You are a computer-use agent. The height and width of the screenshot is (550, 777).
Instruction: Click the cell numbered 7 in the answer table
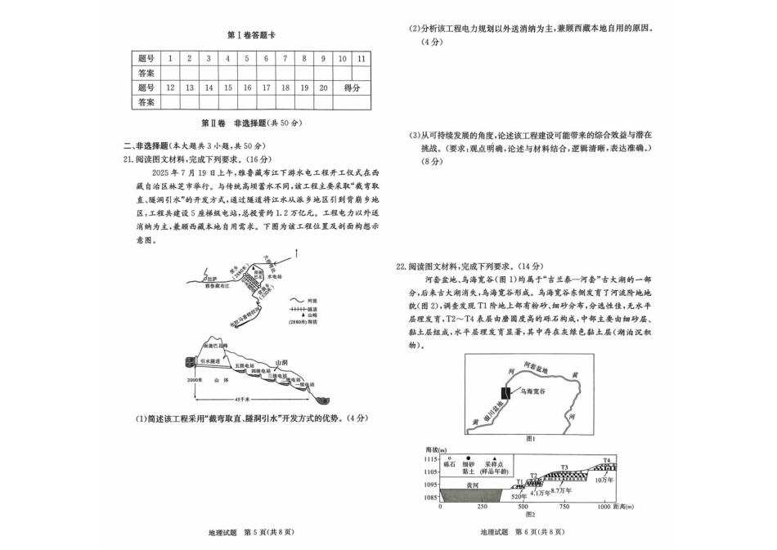[285, 59]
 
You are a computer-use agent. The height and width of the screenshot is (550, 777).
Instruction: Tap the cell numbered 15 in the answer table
[227, 87]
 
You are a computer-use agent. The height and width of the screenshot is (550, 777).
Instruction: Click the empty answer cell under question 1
[169, 73]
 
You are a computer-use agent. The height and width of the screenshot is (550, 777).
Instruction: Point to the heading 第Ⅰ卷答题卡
[251, 35]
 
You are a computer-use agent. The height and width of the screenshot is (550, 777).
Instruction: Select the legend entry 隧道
[304, 311]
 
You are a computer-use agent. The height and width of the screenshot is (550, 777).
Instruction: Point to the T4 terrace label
[607, 460]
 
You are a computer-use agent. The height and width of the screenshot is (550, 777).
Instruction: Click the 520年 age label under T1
[516, 496]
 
